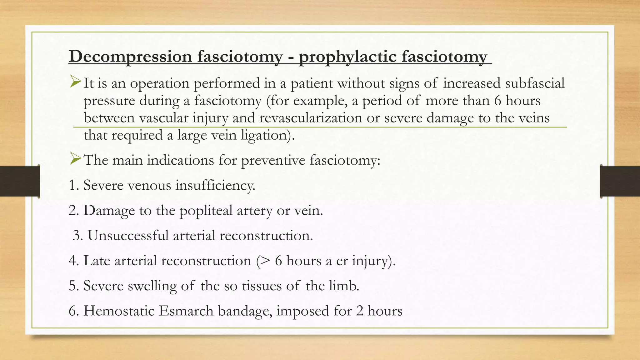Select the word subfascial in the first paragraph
535,83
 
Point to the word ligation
266,135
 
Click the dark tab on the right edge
620,181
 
